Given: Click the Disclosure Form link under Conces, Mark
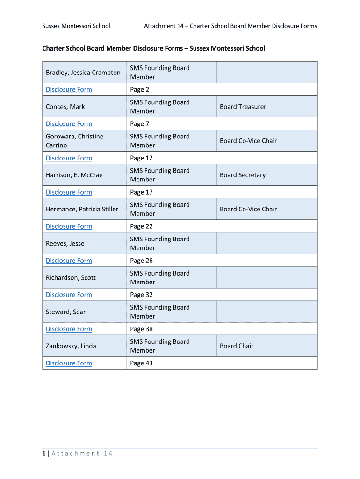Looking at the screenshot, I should (69, 123).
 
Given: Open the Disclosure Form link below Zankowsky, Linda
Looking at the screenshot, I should (69, 363).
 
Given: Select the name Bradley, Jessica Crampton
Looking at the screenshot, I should (83, 73).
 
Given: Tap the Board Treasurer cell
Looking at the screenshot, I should (243, 107).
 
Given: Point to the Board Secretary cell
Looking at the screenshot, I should (243, 175).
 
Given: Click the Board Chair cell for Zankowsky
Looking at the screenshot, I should (237, 346).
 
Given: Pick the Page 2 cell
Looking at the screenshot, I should (140, 89).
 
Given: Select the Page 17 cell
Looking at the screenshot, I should (141, 192).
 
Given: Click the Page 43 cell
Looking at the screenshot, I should (141, 363).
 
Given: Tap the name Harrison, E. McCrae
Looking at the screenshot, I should (74, 175).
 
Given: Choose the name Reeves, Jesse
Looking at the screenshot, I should (65, 243).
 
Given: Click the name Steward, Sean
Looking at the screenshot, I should (66, 312).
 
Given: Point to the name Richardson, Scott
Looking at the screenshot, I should (71, 277).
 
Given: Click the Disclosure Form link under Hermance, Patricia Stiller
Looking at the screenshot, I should (69, 226).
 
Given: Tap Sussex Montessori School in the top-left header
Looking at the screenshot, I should (76, 26).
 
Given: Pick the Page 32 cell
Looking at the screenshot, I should (141, 295).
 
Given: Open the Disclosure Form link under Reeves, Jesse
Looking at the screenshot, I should (69, 261).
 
